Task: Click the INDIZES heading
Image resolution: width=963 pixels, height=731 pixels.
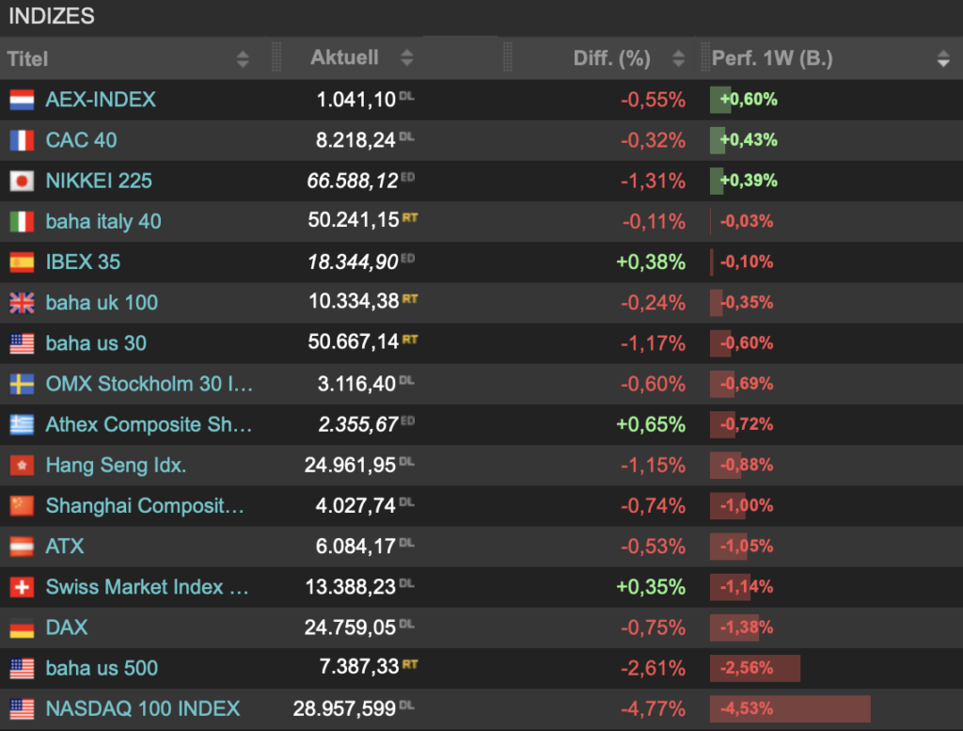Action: point(52,16)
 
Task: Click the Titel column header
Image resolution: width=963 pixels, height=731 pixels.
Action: point(27,59)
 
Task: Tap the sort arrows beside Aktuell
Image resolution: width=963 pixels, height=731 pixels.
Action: point(406,58)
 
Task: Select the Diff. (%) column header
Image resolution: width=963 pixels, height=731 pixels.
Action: point(611,58)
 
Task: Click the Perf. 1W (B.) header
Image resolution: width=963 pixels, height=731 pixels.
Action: point(772,58)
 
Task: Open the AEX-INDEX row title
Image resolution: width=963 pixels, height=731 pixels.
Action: point(101,100)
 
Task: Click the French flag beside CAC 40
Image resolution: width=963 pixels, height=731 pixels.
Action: point(22,140)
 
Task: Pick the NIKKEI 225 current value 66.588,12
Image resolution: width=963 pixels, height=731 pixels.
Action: point(353,181)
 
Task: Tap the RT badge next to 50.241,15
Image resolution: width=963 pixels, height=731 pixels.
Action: point(410,217)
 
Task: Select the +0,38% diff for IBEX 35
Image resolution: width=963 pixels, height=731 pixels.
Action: point(651,262)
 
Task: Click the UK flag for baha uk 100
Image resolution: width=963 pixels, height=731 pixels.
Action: point(22,303)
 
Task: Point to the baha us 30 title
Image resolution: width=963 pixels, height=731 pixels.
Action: point(97,343)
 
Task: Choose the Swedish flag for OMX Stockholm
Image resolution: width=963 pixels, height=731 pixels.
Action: point(22,384)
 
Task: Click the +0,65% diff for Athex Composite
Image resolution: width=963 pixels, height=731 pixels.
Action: point(651,424)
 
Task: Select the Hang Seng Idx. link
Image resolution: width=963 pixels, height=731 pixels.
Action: point(116,465)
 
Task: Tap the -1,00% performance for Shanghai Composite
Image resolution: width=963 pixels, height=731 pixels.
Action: point(746,505)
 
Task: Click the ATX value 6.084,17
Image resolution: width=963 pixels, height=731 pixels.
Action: point(355,546)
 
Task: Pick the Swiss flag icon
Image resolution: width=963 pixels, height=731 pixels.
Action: point(22,587)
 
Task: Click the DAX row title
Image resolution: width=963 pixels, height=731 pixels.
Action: point(67,628)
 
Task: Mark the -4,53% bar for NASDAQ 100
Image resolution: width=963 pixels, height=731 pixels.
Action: point(790,708)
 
